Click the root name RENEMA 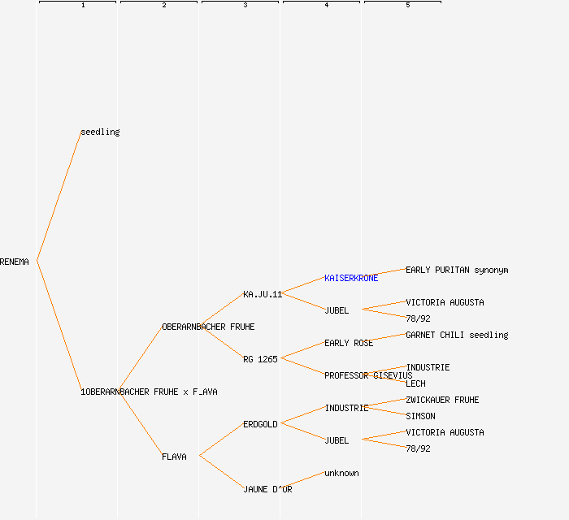(x=15, y=262)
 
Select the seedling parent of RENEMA (x=100, y=132)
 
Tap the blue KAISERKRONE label (x=351, y=278)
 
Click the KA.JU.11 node (x=262, y=294)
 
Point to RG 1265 (x=260, y=359)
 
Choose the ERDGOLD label (x=260, y=424)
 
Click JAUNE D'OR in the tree (x=267, y=489)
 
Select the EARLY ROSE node (x=349, y=343)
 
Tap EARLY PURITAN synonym (x=457, y=270)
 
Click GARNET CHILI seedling (x=457, y=335)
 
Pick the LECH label (x=415, y=383)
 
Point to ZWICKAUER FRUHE (x=442, y=400)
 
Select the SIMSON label (x=420, y=416)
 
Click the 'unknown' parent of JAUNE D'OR (x=341, y=473)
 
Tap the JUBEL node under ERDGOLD (x=337, y=440)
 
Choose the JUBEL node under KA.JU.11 (x=337, y=310)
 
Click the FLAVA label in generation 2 (x=174, y=457)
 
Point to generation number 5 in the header (x=407, y=6)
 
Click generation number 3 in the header (x=245, y=6)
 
